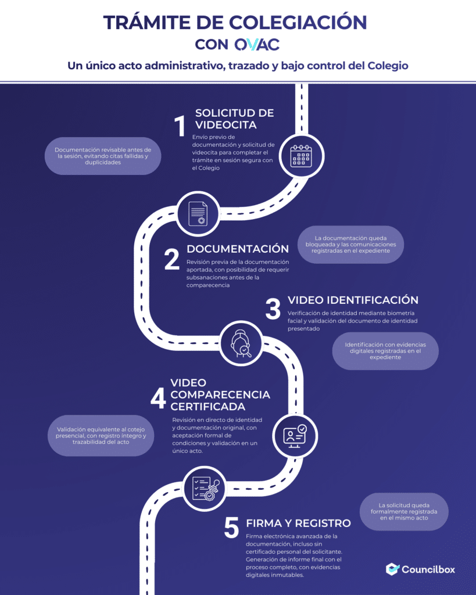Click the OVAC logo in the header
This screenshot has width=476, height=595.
[x=257, y=44]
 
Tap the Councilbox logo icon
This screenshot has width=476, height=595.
[x=392, y=569]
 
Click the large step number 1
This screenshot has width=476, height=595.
[x=180, y=126]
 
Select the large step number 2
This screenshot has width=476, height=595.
[x=172, y=259]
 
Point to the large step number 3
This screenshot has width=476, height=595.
[x=273, y=309]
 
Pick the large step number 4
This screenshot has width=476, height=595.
[x=158, y=398]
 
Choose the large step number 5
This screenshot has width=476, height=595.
[x=231, y=528]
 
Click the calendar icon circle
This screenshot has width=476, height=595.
[x=302, y=156]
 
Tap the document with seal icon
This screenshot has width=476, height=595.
[x=198, y=214]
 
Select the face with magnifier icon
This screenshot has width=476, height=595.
[x=241, y=343]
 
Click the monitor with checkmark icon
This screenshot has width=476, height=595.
[x=295, y=436]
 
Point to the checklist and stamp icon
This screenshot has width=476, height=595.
[x=204, y=488]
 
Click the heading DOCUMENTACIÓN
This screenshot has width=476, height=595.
[x=238, y=249]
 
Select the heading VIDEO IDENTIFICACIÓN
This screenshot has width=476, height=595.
[x=353, y=300]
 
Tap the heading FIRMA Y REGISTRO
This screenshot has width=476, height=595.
[x=298, y=524]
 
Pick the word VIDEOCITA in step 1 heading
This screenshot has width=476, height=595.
[x=226, y=125]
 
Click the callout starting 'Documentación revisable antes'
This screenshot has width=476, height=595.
[x=103, y=156]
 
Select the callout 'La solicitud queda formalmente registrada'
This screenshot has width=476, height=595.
[x=404, y=511]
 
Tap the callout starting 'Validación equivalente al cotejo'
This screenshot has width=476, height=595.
[x=101, y=436]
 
